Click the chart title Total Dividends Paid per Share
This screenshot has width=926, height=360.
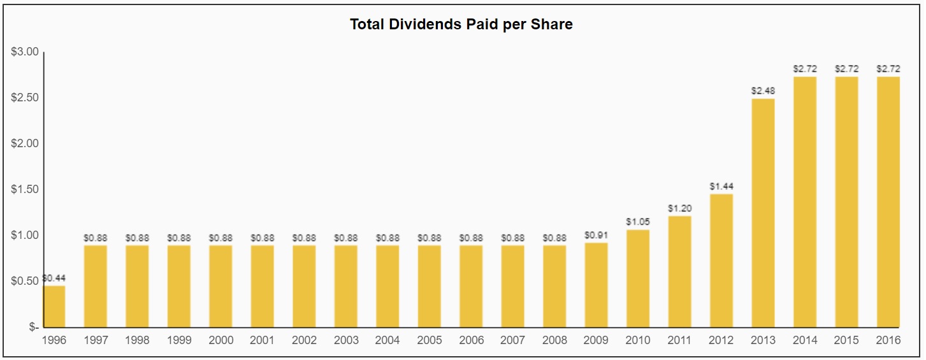tap(461, 25)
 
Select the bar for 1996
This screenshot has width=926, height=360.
tap(54, 306)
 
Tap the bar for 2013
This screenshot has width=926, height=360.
tap(763, 213)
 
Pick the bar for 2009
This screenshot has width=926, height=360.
tap(596, 285)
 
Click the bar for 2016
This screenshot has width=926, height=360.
tap(888, 202)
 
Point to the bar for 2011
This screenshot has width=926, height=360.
tap(679, 271)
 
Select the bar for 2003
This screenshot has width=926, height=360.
tap(345, 286)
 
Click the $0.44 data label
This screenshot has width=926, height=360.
tap(54, 278)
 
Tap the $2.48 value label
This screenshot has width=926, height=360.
tap(763, 91)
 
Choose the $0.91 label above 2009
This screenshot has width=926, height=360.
tap(596, 235)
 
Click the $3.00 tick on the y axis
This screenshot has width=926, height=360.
tap(25, 52)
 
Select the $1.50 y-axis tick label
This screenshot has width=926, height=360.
tap(25, 190)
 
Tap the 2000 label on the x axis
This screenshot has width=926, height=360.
tap(221, 340)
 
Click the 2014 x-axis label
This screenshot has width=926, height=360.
tap(805, 340)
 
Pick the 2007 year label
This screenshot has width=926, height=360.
tap(512, 340)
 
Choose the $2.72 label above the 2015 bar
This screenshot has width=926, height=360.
tap(846, 69)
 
